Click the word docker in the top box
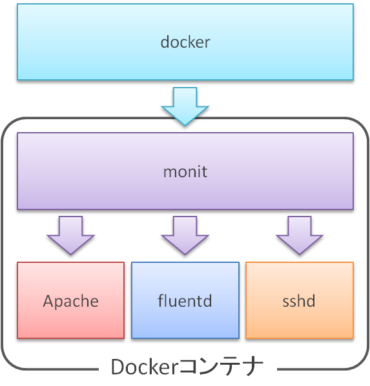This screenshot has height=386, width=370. pos(185,43)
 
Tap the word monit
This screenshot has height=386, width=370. pos(185,172)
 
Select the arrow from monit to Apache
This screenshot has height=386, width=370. pos(70,236)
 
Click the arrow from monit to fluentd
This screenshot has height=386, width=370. pos(185,236)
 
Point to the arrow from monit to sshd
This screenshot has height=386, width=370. pos(299,236)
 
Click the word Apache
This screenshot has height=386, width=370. pos(70,301)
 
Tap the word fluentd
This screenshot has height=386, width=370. pos(185,301)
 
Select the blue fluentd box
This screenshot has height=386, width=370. pos(185,322)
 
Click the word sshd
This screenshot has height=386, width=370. pos(299,301)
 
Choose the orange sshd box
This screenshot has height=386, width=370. pos(299,322)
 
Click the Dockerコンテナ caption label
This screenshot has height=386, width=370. pos(187,367)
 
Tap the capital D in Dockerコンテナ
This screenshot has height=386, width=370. pos(118,367)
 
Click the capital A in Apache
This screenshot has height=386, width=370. pos(48,301)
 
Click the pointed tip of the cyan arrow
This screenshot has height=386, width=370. pos(185,122)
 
